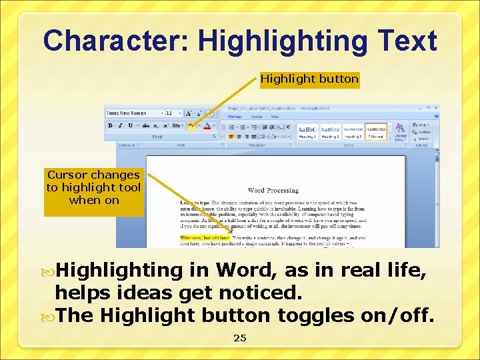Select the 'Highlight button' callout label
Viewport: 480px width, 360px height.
tap(309, 79)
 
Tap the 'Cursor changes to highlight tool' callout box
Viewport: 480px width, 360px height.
tap(93, 187)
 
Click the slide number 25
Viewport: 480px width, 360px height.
tap(240, 338)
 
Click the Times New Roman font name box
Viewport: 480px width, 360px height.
tap(133, 113)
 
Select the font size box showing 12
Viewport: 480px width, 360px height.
tap(172, 113)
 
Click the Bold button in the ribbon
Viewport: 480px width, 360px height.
tap(110, 125)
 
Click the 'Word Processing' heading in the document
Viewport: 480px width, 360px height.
tap(273, 191)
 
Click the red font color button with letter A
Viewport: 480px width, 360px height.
tap(207, 125)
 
